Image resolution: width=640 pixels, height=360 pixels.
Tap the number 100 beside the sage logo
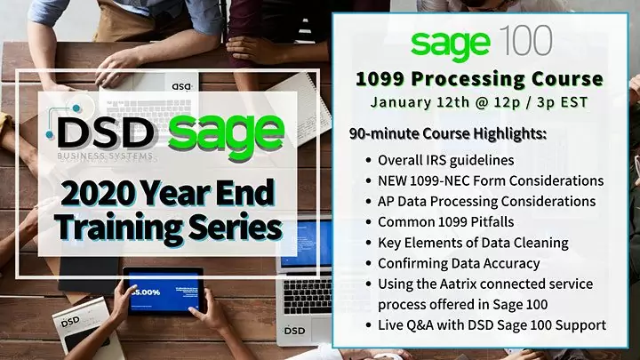pos(525,40)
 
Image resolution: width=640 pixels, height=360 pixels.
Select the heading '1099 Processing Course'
pos(479,78)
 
